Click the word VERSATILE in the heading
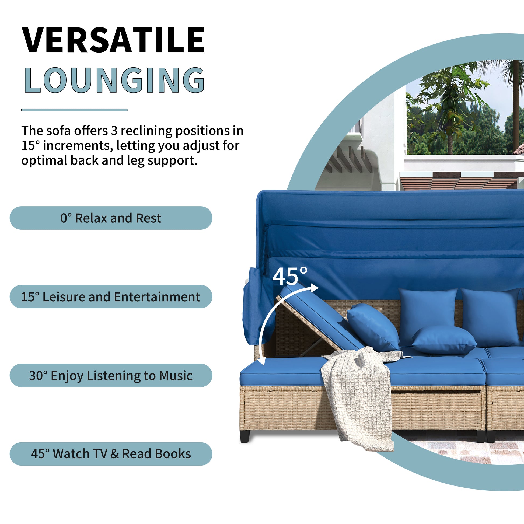click(x=113, y=40)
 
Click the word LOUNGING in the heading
click(x=114, y=80)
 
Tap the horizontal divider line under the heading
click(x=75, y=110)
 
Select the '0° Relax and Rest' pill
click(x=111, y=218)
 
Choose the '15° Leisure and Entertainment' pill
click(x=111, y=296)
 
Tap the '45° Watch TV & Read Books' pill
click(x=111, y=454)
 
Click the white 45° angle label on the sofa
click(x=290, y=276)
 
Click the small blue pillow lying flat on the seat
click(x=444, y=340)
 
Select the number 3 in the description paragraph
click(x=114, y=131)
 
